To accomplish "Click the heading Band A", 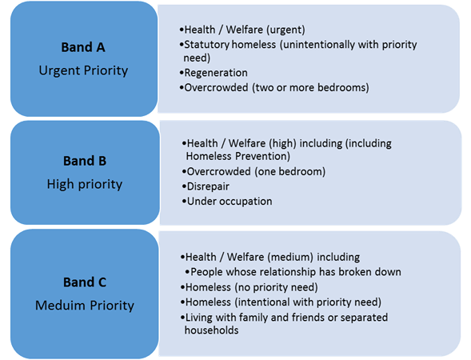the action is [83, 47].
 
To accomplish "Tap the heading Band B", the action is [85, 161].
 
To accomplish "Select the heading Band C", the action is [85, 282].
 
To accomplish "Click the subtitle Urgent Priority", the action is [83, 71].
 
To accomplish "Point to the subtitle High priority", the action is [85, 184].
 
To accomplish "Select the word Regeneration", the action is [216, 73].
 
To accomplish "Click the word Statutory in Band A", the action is [206, 45].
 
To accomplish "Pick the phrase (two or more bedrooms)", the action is [310, 88].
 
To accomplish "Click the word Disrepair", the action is [208, 186].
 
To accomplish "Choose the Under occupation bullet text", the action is [230, 202].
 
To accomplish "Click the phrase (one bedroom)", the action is [289, 171].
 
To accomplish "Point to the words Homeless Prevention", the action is [238, 156].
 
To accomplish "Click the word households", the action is [211, 330].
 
